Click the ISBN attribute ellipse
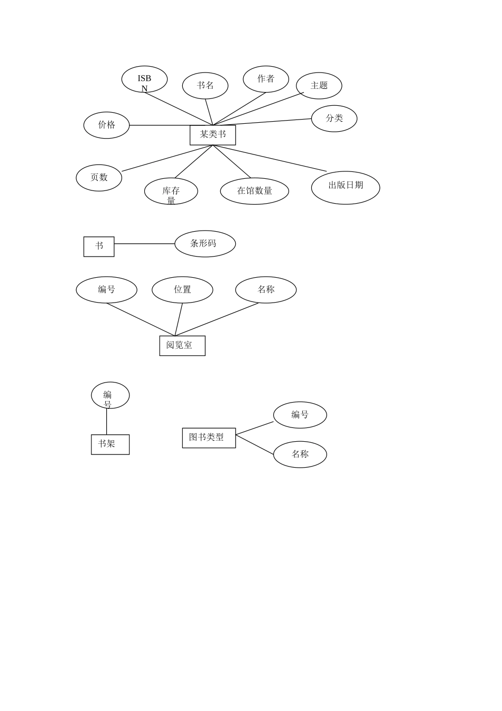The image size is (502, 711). (144, 79)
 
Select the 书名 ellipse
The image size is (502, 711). (205, 86)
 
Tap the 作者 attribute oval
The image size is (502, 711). (266, 79)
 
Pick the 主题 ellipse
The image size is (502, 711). (319, 86)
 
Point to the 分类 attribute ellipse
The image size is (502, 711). (334, 118)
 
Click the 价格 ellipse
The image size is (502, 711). (106, 125)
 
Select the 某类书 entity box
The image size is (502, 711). (212, 135)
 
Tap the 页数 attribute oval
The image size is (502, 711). (99, 178)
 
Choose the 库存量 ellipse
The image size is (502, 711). (171, 191)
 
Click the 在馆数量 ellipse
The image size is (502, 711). (254, 191)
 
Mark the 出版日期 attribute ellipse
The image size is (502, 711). (346, 187)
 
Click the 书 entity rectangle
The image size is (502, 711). (99, 247)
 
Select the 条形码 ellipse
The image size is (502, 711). (205, 244)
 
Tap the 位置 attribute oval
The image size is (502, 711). (182, 290)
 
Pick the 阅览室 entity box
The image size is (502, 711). (182, 345)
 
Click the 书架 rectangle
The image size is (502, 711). (110, 444)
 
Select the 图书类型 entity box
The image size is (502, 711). (209, 438)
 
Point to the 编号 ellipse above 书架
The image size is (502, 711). (110, 395)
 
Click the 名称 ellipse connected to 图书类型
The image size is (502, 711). (300, 454)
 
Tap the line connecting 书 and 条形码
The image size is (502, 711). (144, 244)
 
